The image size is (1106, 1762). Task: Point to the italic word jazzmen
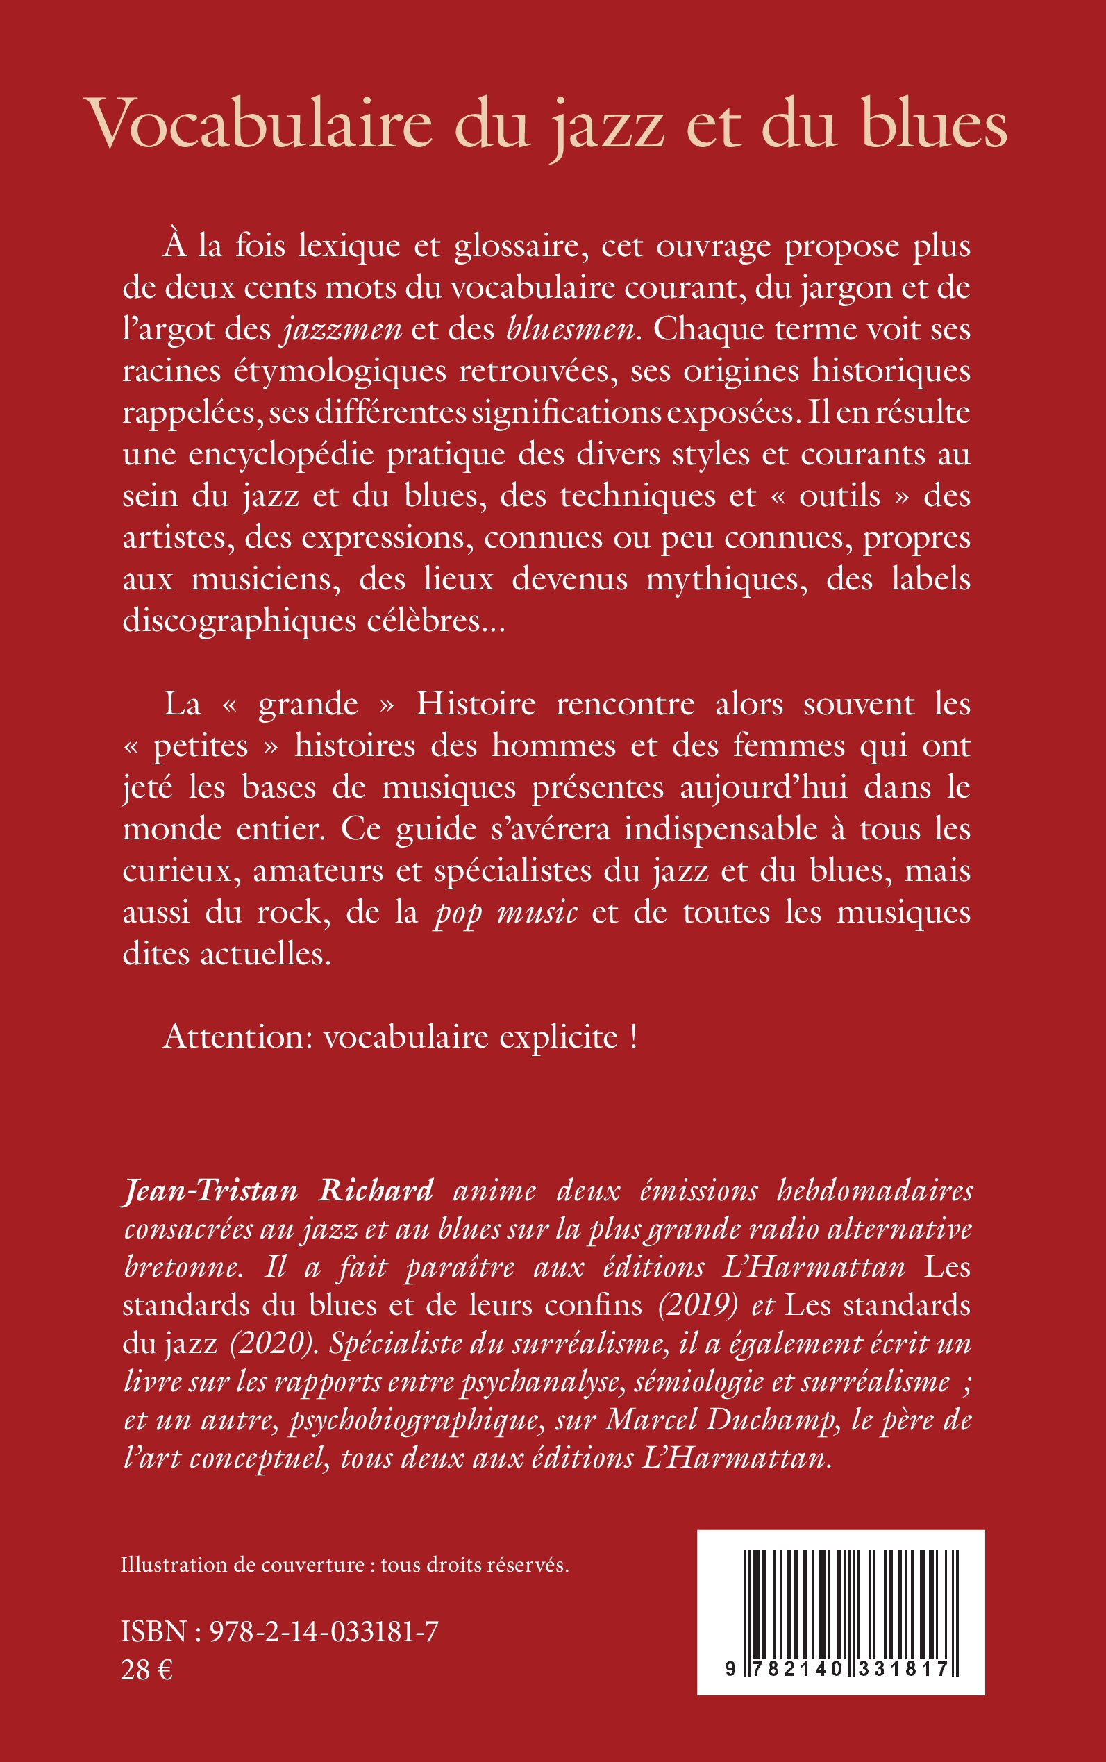tap(342, 330)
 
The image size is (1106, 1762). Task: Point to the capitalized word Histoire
tap(476, 705)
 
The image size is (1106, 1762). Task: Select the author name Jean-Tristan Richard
tap(278, 1191)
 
